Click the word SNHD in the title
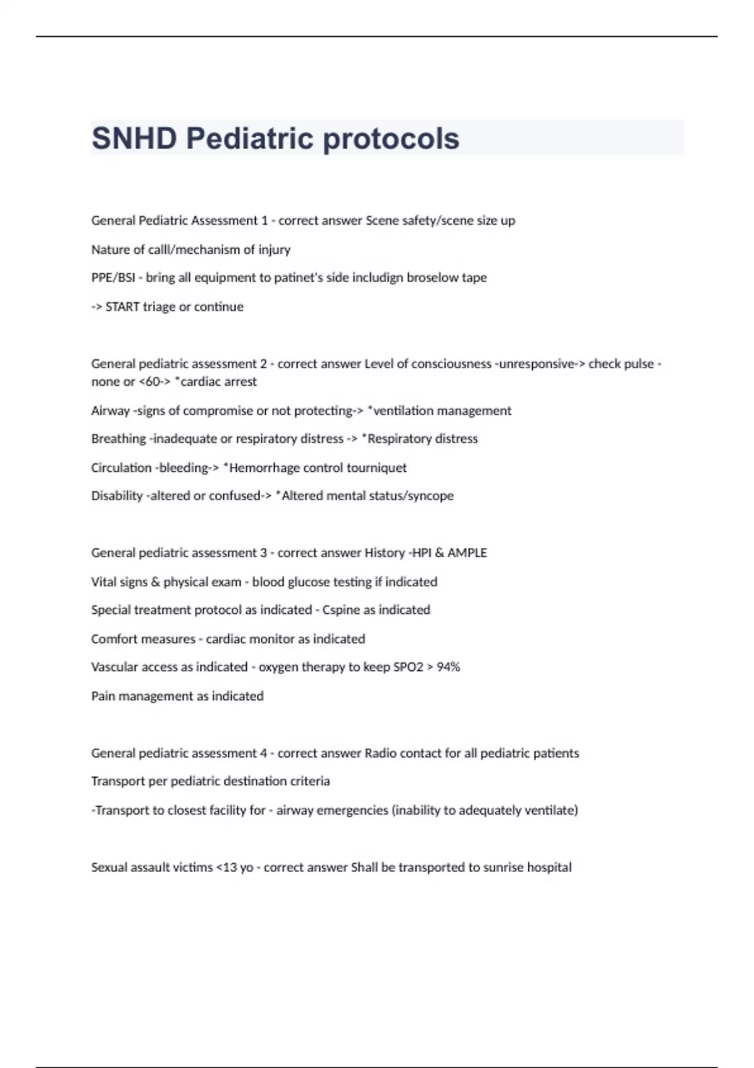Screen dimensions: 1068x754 [134, 138]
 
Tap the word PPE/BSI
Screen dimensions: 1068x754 [113, 278]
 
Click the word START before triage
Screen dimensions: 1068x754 [123, 307]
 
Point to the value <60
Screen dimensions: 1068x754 [150, 381]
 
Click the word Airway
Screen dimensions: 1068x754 [110, 411]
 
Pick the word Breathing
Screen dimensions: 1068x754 [118, 439]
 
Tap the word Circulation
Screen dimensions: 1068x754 [121, 467]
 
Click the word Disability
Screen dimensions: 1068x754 [117, 496]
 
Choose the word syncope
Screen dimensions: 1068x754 [430, 496]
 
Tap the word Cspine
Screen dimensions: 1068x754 [341, 610]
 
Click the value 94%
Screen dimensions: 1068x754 [448, 667]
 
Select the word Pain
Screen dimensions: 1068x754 [103, 696]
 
